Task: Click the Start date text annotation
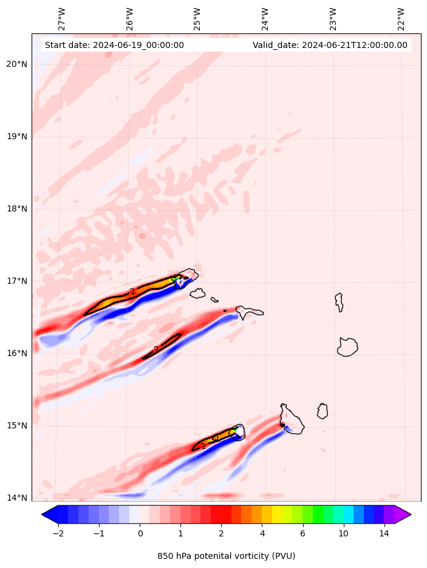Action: [114, 45]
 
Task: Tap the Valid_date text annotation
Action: [330, 45]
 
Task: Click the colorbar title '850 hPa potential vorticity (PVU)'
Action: [226, 556]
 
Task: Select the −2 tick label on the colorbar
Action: [58, 534]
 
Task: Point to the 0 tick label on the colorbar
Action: [140, 534]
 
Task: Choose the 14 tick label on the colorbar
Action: [384, 534]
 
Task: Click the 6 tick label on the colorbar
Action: [302, 534]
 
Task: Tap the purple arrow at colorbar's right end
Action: [402, 515]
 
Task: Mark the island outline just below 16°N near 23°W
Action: [347, 347]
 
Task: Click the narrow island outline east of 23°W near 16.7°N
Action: [339, 302]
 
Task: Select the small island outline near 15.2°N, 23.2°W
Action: [323, 411]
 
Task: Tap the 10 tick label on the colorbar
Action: [343, 534]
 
